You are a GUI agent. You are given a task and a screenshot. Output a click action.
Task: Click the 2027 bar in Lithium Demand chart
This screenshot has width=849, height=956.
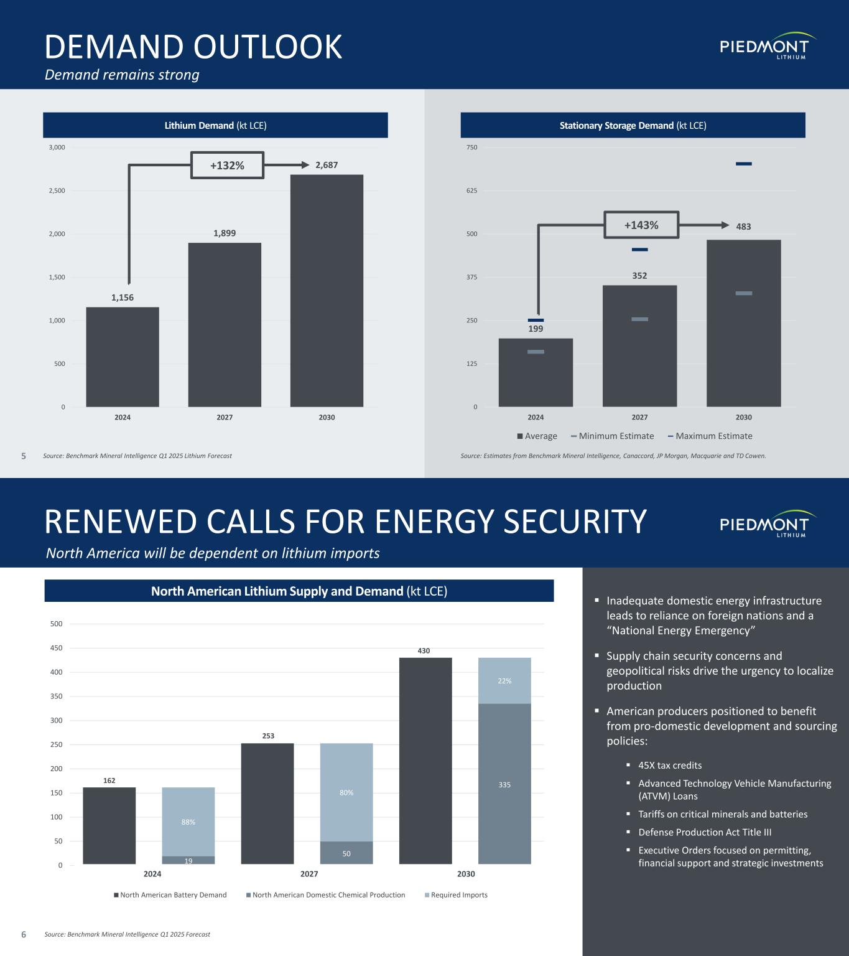225,324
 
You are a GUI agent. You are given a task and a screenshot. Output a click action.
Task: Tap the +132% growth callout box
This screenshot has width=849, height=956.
227,165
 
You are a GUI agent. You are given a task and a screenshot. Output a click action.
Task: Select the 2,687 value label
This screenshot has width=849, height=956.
327,165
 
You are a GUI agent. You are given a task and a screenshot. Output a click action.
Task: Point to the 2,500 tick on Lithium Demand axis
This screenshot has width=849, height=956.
57,190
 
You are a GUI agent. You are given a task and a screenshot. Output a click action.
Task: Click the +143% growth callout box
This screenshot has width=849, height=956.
641,225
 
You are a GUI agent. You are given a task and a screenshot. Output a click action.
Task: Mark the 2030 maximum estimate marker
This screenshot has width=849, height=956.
743,164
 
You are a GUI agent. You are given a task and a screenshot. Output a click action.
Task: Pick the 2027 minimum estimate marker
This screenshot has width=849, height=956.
639,319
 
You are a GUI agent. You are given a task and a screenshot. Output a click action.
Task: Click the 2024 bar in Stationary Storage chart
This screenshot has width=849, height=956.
536,372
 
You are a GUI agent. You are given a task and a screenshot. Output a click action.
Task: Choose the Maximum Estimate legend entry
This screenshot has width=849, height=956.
710,436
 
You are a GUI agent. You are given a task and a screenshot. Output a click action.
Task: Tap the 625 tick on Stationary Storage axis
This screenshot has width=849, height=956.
471,190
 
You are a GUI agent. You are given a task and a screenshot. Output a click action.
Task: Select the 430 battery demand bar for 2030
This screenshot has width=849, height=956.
425,760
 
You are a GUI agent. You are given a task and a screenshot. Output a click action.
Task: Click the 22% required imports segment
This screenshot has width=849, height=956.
504,681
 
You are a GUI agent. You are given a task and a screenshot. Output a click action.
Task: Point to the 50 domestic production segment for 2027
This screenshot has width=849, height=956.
346,853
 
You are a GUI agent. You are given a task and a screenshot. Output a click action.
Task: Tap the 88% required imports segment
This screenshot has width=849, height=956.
188,822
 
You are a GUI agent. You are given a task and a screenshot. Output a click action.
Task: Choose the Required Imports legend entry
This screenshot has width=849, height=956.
456,895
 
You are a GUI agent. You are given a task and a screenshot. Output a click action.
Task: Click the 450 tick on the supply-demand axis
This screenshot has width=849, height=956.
57,648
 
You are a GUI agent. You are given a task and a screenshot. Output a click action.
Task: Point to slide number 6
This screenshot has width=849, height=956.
24,934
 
